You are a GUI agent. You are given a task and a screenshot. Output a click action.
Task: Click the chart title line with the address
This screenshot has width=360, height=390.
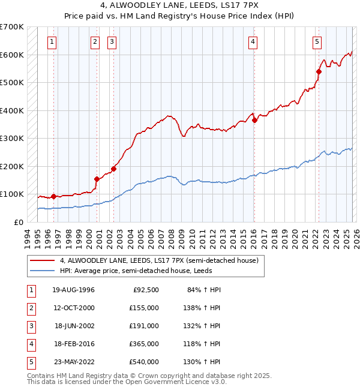180,5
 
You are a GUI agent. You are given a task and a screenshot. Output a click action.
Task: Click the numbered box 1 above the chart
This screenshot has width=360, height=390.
53,41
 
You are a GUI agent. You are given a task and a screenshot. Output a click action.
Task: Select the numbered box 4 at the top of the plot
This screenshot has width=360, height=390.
253,41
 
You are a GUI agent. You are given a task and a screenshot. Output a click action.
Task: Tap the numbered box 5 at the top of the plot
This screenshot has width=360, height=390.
316,41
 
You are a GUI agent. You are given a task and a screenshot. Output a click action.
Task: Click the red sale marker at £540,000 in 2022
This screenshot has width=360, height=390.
319,71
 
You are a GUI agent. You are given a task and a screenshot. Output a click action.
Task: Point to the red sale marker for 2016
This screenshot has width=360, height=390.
254,120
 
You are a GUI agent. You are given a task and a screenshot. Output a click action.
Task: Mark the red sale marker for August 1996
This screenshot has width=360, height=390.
54,196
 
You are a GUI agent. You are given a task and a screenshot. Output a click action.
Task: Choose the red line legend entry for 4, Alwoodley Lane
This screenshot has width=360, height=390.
158,261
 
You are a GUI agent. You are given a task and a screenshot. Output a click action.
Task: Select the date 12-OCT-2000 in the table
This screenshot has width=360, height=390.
73,308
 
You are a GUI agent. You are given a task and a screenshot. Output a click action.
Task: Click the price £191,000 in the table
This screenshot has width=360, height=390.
144,326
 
